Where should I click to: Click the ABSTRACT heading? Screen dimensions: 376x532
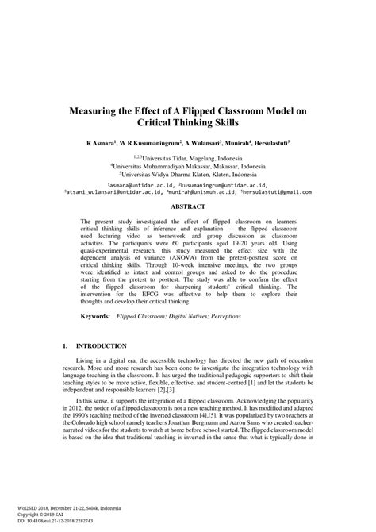[x=188, y=205]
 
